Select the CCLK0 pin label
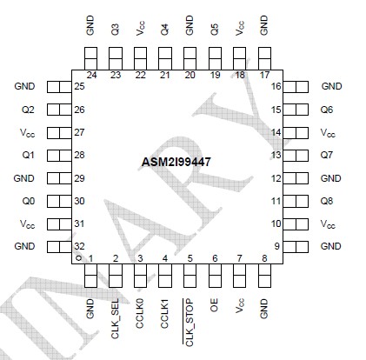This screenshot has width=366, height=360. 140,315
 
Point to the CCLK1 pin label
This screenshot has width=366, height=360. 164,315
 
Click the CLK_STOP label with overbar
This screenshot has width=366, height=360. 190,321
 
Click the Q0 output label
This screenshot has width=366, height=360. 28,201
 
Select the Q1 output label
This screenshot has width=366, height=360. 28,155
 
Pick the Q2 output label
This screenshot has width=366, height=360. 28,110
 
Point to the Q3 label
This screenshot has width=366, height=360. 116,28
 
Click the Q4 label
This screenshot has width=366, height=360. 165,28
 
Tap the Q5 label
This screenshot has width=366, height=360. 215,28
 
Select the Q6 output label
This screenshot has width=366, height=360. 327,110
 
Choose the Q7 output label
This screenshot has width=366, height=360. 327,155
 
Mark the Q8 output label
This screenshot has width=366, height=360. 327,201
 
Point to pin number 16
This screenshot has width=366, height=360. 276,87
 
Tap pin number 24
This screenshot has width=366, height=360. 90,76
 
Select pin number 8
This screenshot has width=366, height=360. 264,257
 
